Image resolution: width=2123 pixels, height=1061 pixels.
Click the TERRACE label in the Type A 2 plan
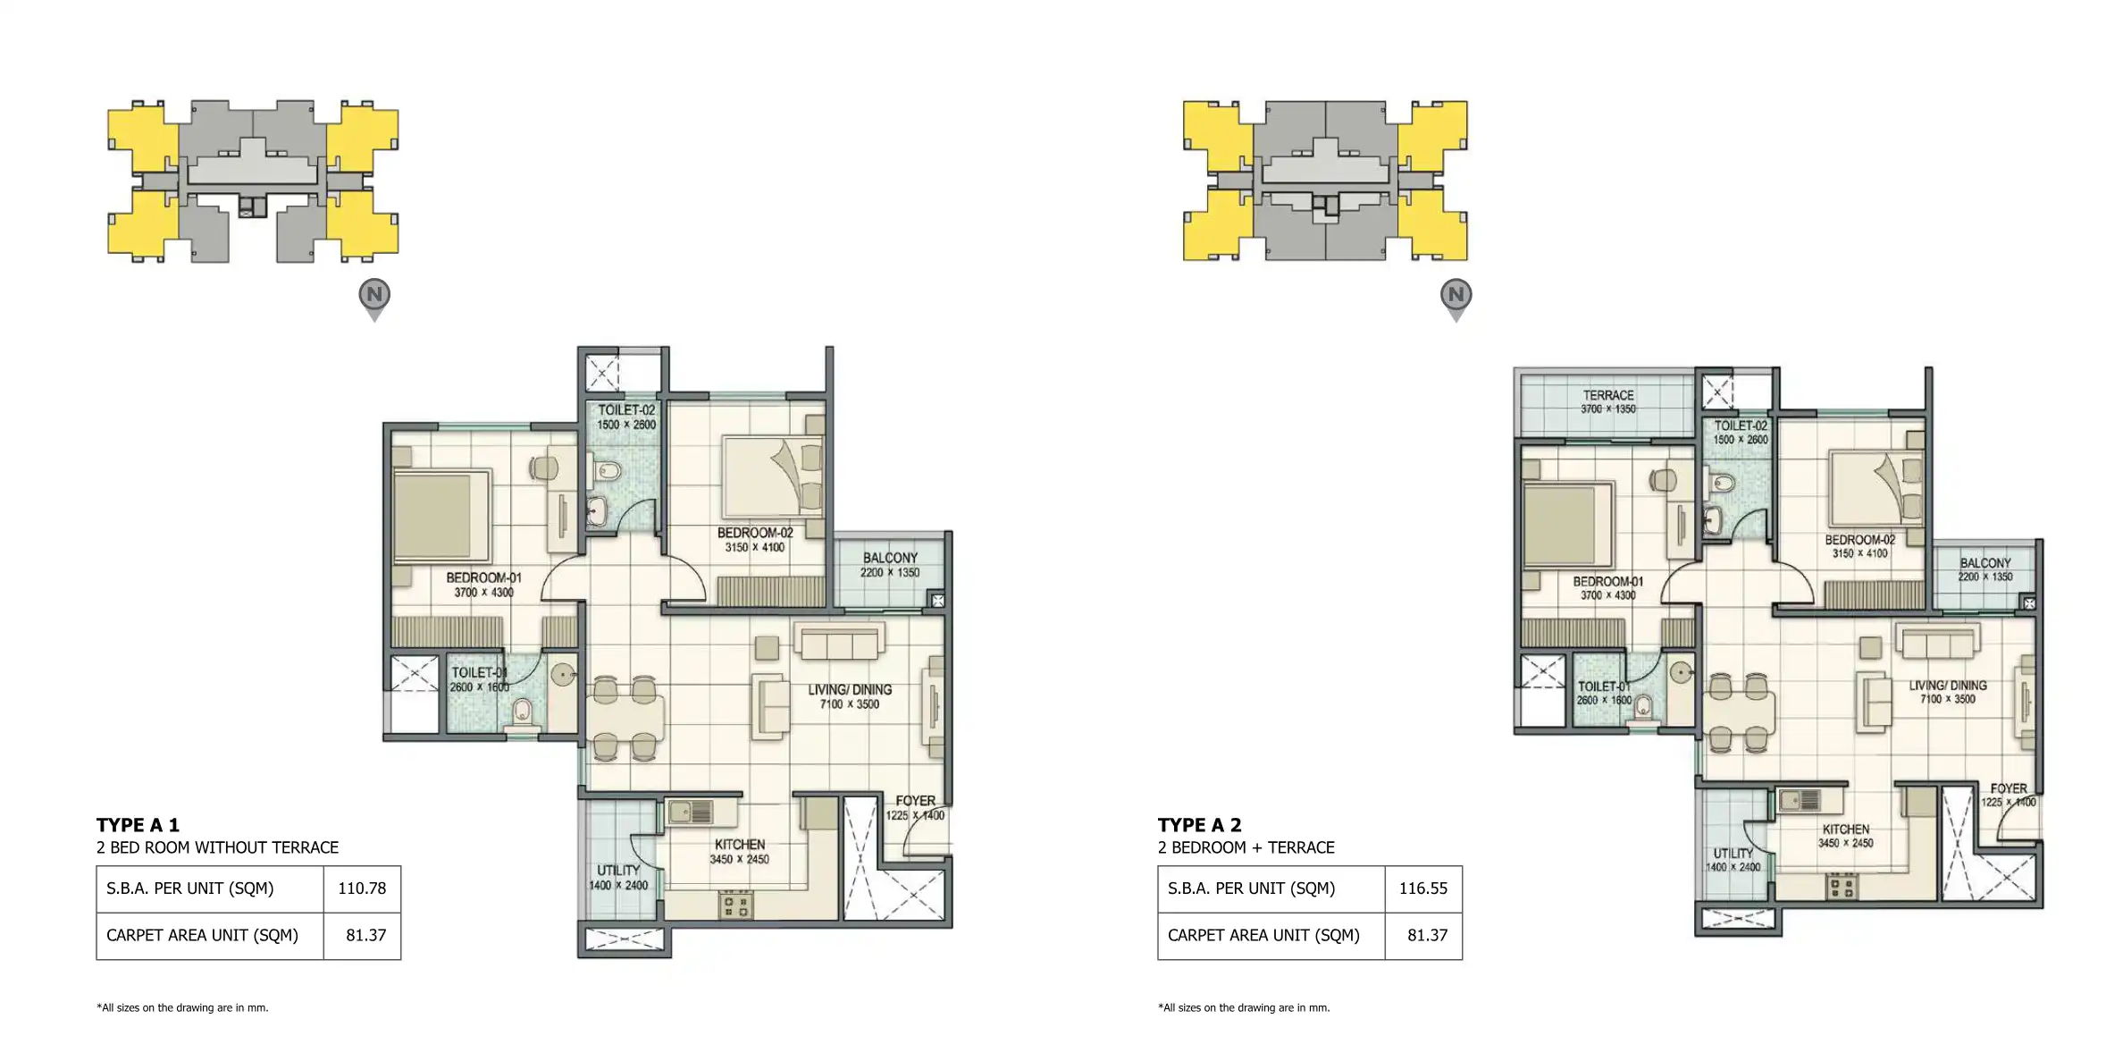pyautogui.click(x=1607, y=395)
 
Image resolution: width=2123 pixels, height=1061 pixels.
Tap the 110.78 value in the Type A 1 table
pyautogui.click(x=362, y=888)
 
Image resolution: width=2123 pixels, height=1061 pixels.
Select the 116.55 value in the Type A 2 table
pyautogui.click(x=1422, y=888)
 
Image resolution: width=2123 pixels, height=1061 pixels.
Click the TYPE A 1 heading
pyautogui.click(x=138, y=825)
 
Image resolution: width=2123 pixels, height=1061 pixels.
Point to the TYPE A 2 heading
pyautogui.click(x=1199, y=825)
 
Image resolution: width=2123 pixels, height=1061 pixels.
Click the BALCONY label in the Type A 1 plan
pyautogui.click(x=890, y=558)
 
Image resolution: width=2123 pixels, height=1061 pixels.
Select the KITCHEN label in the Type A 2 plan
pyautogui.click(x=1845, y=829)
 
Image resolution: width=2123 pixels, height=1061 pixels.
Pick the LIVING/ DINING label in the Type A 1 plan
pyautogui.click(x=850, y=690)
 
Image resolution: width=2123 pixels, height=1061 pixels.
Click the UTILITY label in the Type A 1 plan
pyautogui.click(x=618, y=871)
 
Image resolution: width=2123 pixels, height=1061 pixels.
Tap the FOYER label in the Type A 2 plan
pyautogui.click(x=2008, y=788)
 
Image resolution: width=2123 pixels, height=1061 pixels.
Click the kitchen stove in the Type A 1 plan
pyautogui.click(x=735, y=905)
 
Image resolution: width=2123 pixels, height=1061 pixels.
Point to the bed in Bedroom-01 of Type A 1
pyautogui.click(x=441, y=517)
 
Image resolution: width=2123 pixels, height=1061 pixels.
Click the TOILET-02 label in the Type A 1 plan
pyautogui.click(x=626, y=410)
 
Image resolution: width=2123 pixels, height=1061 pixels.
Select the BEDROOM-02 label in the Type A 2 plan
pyautogui.click(x=1859, y=540)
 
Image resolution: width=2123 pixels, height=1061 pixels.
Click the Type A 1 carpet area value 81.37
pyautogui.click(x=366, y=935)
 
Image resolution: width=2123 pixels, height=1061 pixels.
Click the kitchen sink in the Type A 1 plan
pyautogui.click(x=691, y=812)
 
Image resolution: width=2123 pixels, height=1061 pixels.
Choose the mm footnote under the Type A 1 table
pyautogui.click(x=182, y=1007)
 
